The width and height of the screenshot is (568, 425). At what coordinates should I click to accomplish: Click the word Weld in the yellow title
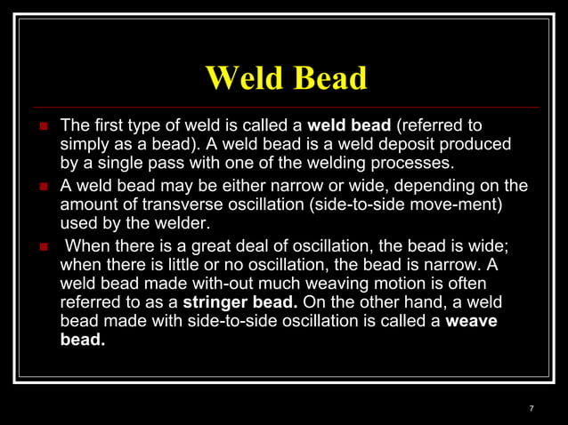244,78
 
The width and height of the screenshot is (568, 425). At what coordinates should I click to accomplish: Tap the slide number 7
531,408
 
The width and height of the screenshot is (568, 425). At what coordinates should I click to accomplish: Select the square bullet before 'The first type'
42,123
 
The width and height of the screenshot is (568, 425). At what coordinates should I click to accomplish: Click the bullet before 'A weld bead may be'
42,187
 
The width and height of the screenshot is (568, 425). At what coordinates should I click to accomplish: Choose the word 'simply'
85,143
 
